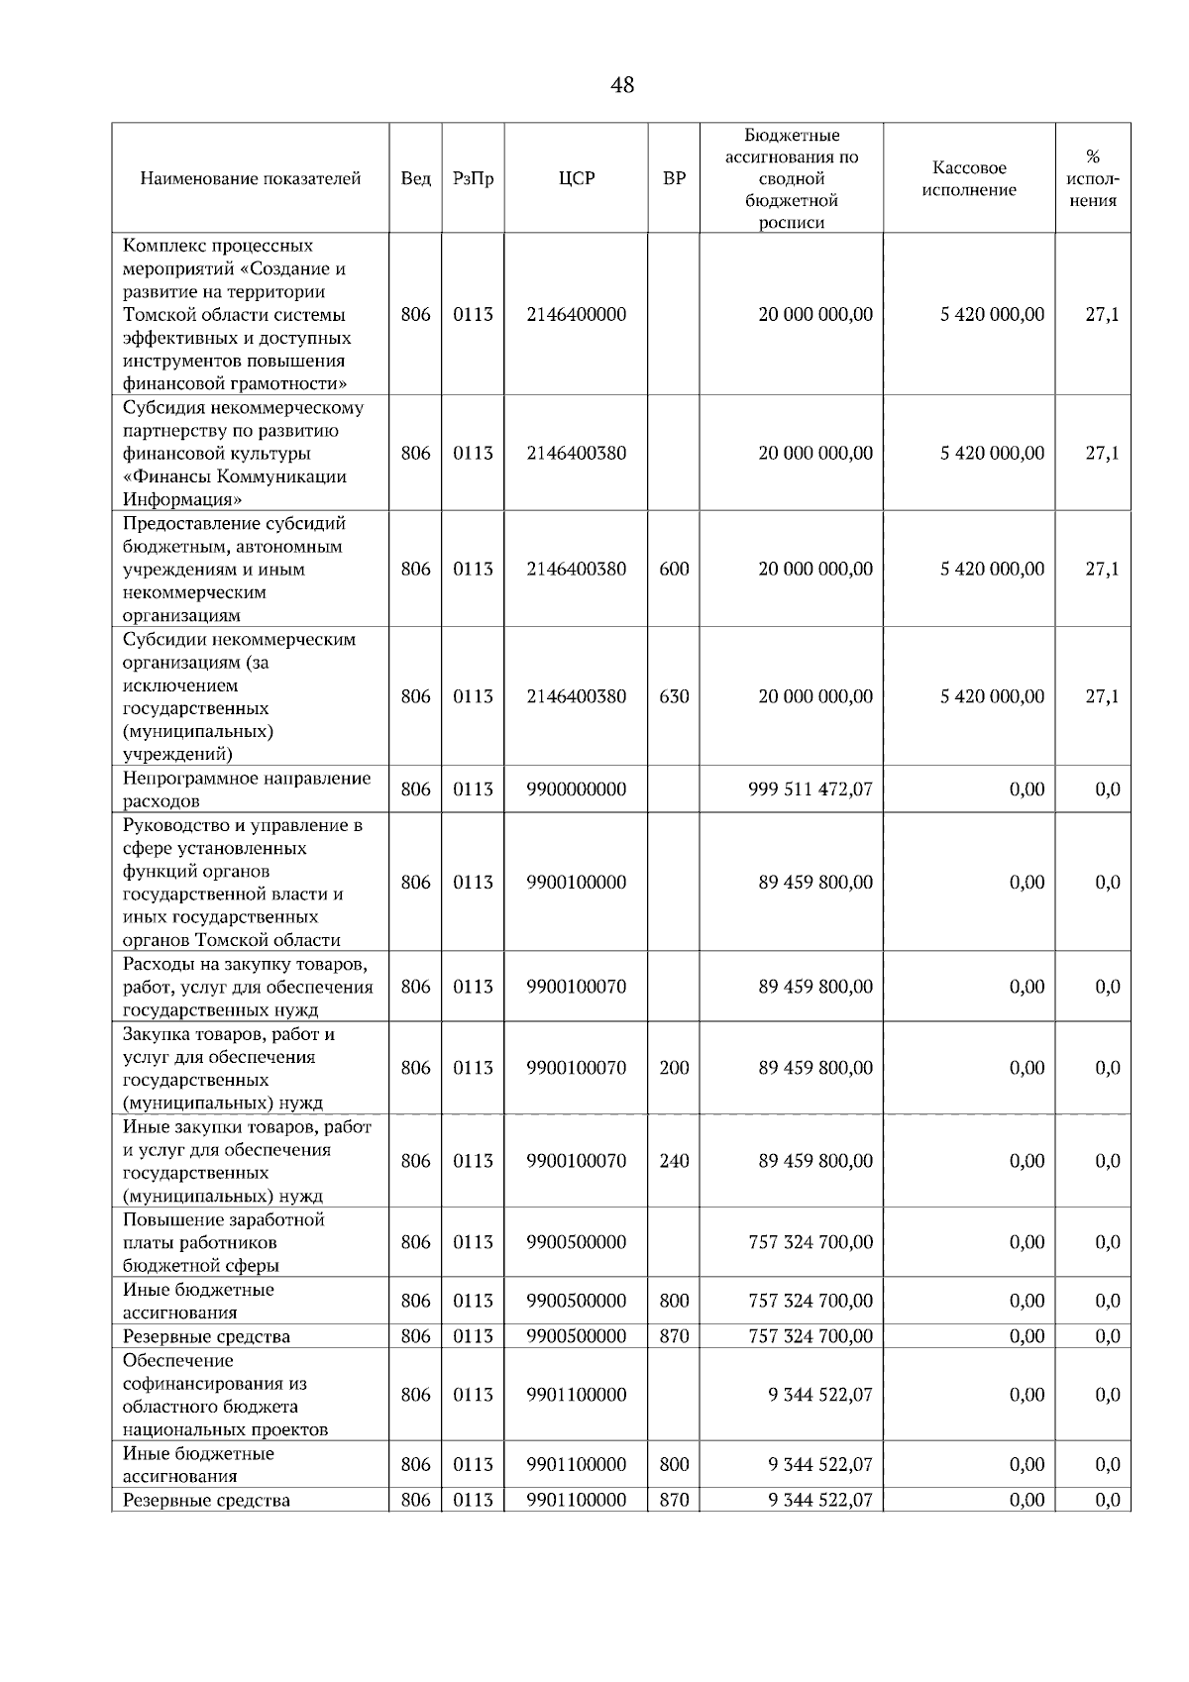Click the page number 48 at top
tap(622, 86)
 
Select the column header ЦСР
tap(576, 179)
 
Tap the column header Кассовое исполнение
tap(969, 179)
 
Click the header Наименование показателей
tap(250, 179)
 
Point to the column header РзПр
tap(473, 179)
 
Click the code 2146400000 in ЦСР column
tap(576, 315)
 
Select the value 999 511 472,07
tap(811, 789)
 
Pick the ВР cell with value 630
tap(674, 696)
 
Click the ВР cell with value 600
tap(674, 570)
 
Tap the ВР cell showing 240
tap(674, 1161)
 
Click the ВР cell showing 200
tap(674, 1068)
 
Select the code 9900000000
tap(576, 789)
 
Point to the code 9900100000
tap(576, 883)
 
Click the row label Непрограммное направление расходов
tap(246, 789)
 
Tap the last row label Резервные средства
tap(206, 1500)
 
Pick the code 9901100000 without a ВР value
tap(576, 1395)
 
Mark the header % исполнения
tap(1093, 179)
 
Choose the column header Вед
tap(415, 179)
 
